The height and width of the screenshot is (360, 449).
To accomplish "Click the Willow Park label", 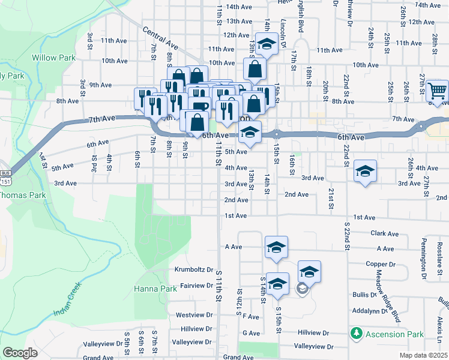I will coord(53,58).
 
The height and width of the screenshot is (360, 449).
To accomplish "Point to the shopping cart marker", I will coord(438,91).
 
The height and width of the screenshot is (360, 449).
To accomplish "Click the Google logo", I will coord(20,352).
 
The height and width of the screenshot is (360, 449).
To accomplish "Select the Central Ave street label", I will coord(161,37).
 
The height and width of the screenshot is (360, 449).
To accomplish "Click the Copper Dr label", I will coord(379,264).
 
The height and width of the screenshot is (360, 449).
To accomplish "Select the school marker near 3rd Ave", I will coord(365,172).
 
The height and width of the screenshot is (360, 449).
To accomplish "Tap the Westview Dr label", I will coord(194,314).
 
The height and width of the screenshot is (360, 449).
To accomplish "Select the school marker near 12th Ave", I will coord(268,44).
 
